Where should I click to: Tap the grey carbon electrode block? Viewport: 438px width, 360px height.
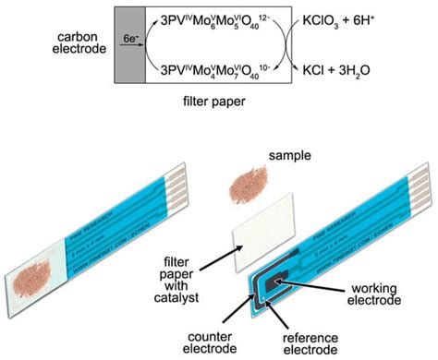pos(128,43)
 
